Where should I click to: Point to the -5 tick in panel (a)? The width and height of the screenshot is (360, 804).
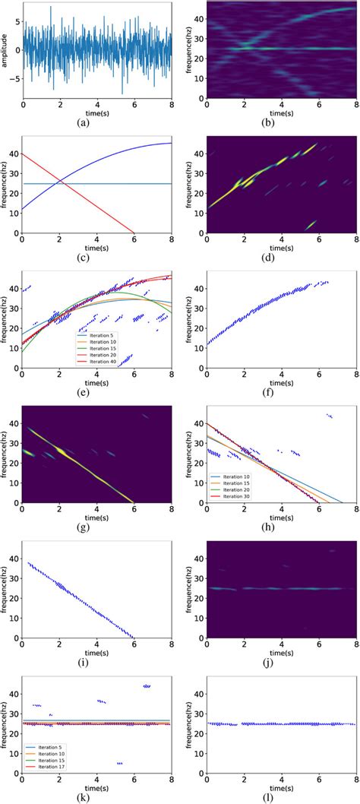[x=15, y=78]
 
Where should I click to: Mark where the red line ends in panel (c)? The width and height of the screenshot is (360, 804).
[x=134, y=233]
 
